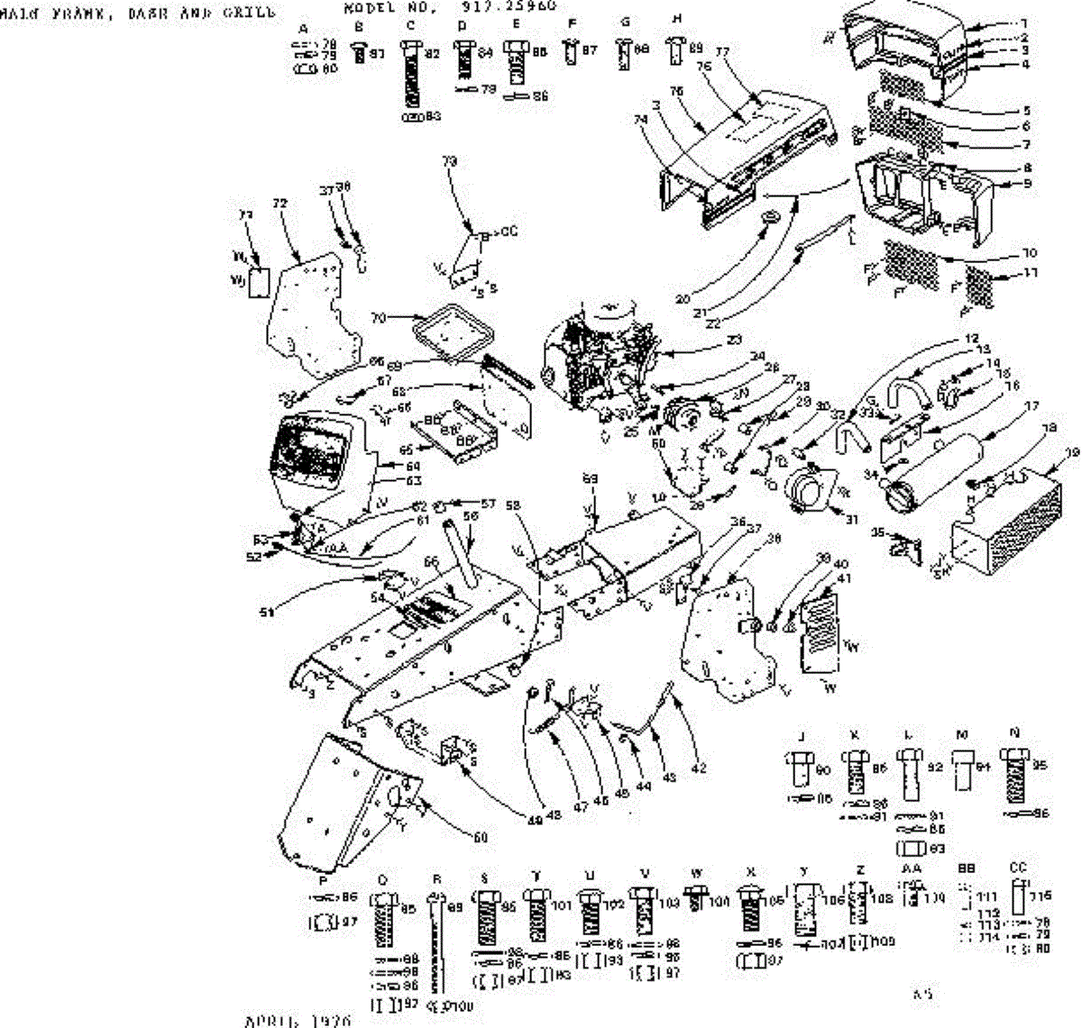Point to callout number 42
(x=698, y=769)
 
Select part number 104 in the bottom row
(x=719, y=900)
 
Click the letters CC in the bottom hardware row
(x=1018, y=868)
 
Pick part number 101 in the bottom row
(x=562, y=905)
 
